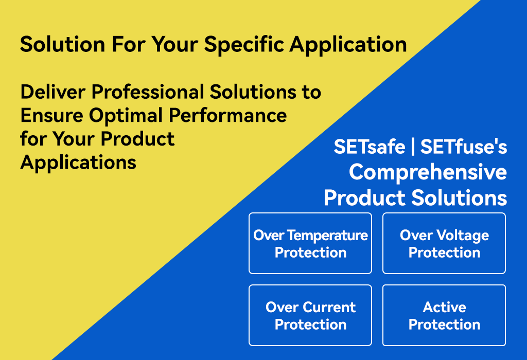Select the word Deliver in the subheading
click(53, 92)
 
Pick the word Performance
click(227, 115)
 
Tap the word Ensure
click(52, 115)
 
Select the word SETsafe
click(370, 147)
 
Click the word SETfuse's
click(464, 147)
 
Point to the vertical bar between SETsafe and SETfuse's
click(413, 147)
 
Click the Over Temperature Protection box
click(310, 243)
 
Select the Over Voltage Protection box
click(444, 243)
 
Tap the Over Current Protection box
click(310, 315)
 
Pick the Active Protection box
click(444, 315)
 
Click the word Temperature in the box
click(328, 236)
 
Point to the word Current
click(329, 307)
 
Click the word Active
click(444, 307)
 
